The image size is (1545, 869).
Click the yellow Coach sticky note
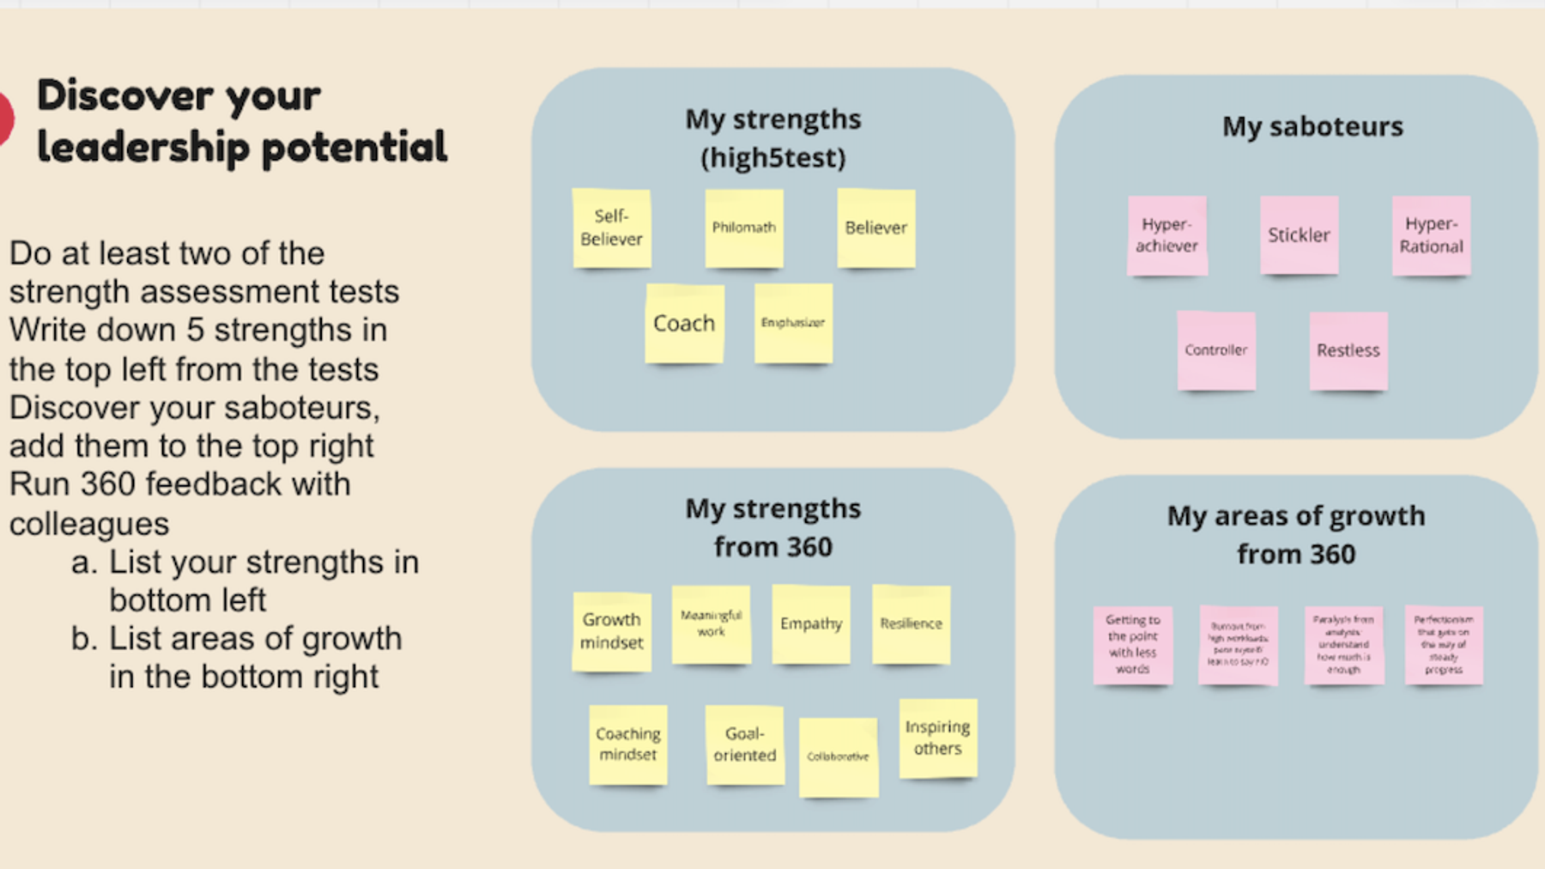click(684, 324)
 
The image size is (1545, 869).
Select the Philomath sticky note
click(743, 228)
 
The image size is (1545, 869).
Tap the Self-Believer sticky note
click(611, 228)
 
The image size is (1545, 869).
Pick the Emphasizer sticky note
click(793, 323)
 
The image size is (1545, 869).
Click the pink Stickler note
click(1299, 234)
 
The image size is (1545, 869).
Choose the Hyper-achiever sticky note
click(1166, 234)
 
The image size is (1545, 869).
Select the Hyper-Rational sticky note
click(1431, 234)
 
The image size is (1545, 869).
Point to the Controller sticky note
click(1215, 350)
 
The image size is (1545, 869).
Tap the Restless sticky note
click(1348, 350)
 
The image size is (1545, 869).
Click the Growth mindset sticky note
click(611, 631)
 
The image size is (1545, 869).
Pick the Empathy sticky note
click(810, 624)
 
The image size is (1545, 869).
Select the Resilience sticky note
click(911, 624)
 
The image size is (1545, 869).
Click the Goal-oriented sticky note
click(744, 744)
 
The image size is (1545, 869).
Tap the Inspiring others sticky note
click(937, 738)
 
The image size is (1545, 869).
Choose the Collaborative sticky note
click(838, 757)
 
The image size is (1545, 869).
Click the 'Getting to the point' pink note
click(1132, 644)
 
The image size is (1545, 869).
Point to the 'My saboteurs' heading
click(1312, 127)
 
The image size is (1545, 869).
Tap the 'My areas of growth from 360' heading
click(1296, 534)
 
